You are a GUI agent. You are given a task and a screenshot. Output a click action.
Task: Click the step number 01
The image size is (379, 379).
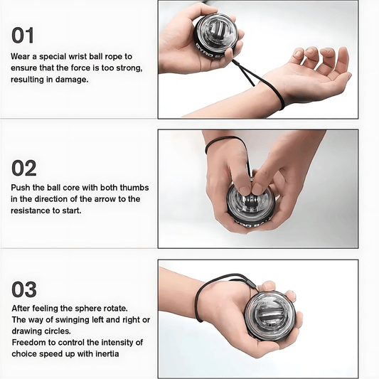pos(23,36)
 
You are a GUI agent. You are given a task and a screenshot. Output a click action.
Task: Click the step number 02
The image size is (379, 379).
pos(24,168)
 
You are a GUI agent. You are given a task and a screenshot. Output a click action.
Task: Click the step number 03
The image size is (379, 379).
pos(24,290)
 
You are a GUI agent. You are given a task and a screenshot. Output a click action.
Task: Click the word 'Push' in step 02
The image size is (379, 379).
pos(22,188)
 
